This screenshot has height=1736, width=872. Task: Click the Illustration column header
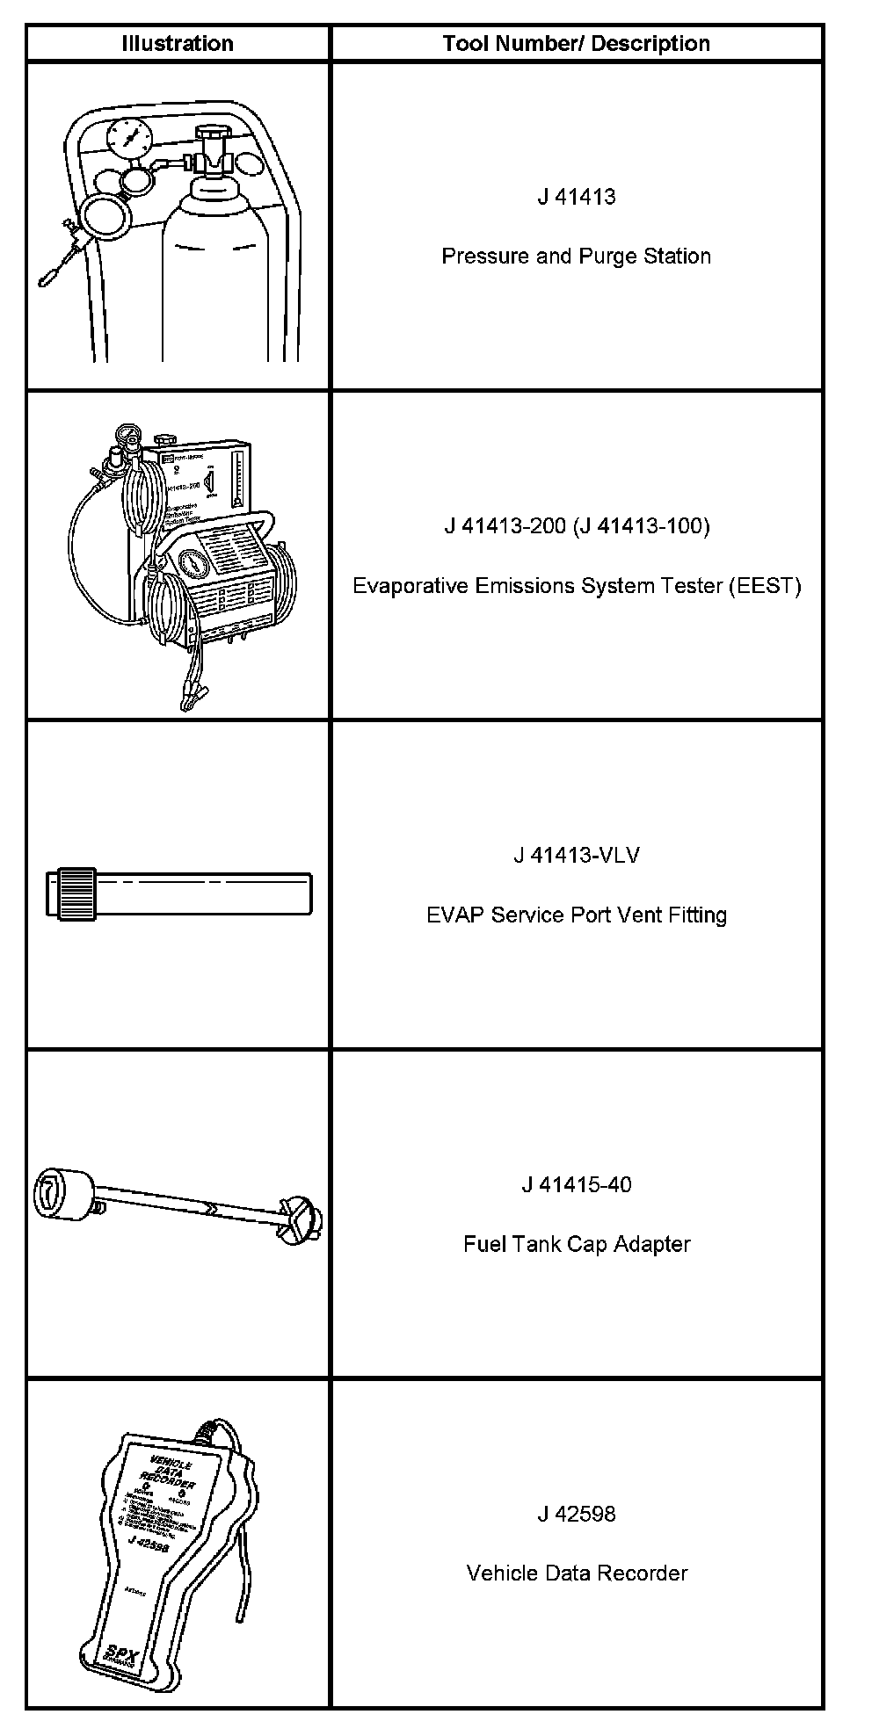point(177,43)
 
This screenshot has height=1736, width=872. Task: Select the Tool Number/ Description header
point(576,43)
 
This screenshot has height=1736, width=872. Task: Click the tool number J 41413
point(577,197)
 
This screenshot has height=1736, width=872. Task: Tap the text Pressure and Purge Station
point(576,257)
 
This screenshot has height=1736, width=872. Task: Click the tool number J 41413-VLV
point(577,856)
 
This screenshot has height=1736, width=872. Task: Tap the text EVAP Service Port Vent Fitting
point(577,915)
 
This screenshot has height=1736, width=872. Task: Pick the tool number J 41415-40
point(577,1185)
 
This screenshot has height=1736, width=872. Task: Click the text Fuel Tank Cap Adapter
point(577,1244)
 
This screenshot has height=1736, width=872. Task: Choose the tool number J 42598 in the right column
point(577,1514)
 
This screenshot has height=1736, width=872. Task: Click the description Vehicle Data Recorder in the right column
point(577,1573)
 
